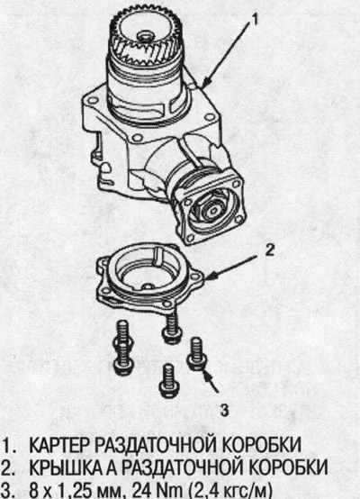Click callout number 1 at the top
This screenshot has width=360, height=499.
254,20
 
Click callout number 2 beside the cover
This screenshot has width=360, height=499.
269,250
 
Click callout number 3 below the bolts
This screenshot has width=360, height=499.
224,410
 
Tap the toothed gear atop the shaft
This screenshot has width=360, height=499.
146,37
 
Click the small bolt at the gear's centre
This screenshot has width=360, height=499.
146,37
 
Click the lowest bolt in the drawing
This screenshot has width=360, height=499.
169,381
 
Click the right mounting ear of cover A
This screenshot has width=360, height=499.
196,277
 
